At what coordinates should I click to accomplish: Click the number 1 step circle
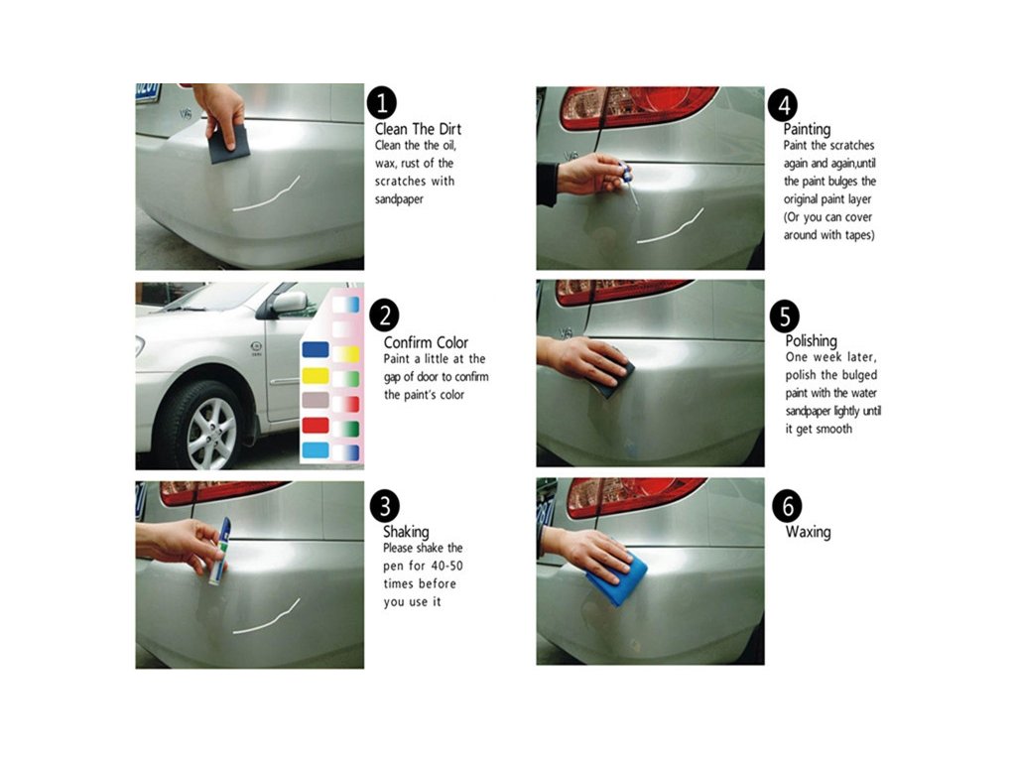[x=382, y=103]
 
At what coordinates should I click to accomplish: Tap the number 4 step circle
[x=783, y=105]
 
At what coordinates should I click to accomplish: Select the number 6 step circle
[x=787, y=505]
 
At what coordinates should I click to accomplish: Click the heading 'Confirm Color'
[x=426, y=342]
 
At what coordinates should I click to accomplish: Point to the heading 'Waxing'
[x=808, y=532]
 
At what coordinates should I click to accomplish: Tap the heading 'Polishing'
[x=812, y=341]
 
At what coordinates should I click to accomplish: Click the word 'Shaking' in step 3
[x=406, y=532]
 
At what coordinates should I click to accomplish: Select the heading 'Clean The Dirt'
[x=418, y=128]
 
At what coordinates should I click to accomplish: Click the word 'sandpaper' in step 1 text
[x=399, y=199]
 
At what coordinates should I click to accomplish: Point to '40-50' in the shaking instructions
[x=446, y=566]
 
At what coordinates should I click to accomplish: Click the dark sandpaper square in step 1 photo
[x=229, y=144]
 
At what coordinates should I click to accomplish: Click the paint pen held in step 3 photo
[x=219, y=552]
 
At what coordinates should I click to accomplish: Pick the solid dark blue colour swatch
[x=316, y=350]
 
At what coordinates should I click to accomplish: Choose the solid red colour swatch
[x=316, y=425]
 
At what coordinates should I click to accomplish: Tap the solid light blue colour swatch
[x=316, y=449]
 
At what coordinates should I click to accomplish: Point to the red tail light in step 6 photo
[x=636, y=496]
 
